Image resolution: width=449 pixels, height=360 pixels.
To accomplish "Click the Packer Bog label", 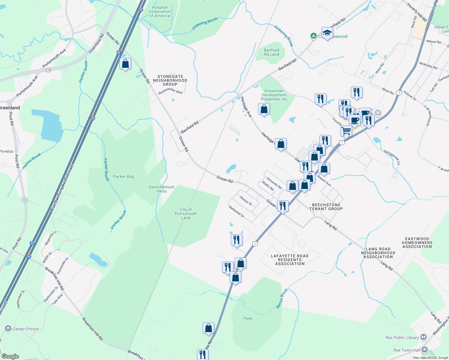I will [123, 176].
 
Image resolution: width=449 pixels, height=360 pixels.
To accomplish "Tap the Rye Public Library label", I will [402, 337].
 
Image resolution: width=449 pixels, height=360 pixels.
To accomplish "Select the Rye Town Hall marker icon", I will [424, 350].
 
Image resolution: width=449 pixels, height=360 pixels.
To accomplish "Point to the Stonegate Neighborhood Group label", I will [170, 80].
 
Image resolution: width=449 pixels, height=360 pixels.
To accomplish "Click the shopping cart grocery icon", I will [346, 131].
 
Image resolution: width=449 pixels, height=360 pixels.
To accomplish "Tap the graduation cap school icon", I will [327, 33].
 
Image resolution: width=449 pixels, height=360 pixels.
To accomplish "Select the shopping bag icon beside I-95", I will [125, 64].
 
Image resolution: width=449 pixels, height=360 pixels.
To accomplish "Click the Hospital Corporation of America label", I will [159, 12].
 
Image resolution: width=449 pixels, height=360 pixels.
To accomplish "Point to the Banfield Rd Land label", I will [271, 52].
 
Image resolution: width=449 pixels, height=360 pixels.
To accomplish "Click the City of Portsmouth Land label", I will [185, 214].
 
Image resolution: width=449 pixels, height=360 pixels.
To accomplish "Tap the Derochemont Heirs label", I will [161, 189].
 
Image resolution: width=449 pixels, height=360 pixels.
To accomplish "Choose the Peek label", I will [248, 318].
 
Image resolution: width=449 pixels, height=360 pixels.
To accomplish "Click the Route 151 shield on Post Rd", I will [25, 200].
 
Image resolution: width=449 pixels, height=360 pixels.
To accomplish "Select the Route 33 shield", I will [49, 70].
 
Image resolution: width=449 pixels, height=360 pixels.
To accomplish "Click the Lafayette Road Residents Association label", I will [290, 260].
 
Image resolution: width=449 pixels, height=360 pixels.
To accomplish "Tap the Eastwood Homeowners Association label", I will [417, 243].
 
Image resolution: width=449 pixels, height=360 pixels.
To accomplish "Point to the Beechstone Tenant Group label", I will [326, 207].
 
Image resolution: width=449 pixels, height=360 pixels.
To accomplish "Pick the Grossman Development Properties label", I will [274, 95].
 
